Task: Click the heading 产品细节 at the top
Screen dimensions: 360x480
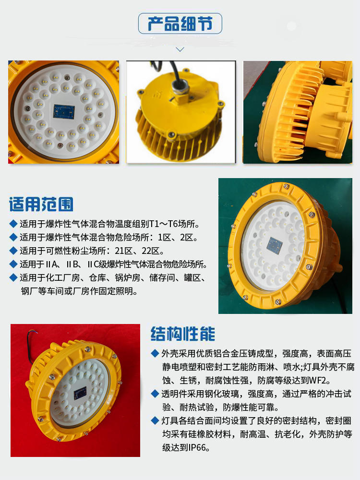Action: (180, 24)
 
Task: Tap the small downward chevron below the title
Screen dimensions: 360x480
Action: (180, 49)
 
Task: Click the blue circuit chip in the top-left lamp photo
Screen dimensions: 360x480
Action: (64, 111)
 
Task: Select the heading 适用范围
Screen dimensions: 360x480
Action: (41, 204)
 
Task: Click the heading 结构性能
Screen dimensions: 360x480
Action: (183, 334)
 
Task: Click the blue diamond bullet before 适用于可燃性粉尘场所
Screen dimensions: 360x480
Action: (13, 251)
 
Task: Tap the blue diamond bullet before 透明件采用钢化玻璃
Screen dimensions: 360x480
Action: (155, 394)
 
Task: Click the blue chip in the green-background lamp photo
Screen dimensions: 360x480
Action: (275, 245)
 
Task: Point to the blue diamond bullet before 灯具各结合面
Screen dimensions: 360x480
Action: (155, 420)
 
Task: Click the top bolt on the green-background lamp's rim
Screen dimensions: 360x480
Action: (286, 186)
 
